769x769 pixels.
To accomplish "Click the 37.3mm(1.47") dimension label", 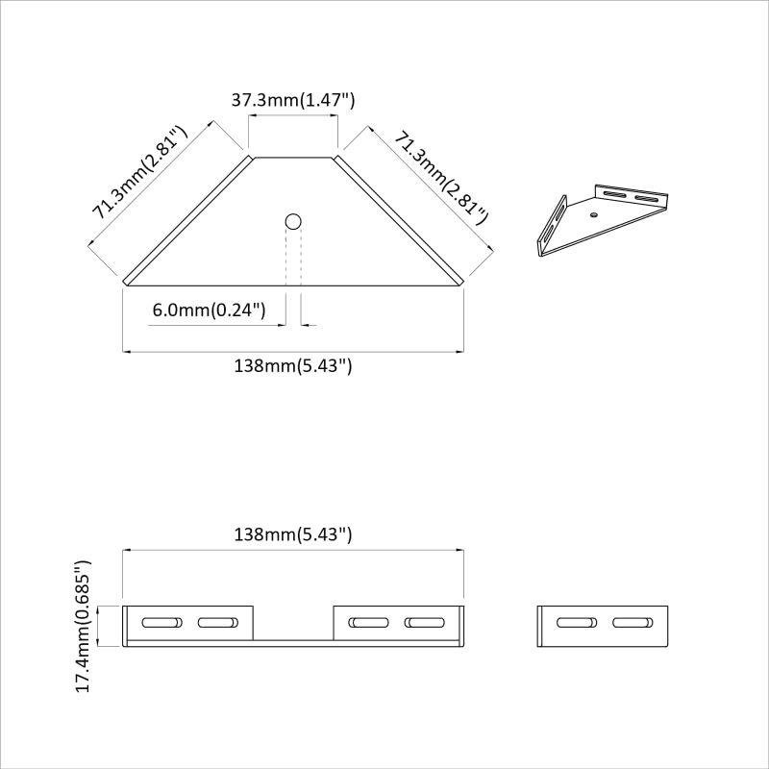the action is [293, 100].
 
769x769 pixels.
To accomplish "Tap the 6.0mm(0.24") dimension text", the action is [209, 310].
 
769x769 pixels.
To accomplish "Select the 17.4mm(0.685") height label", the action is [83, 627].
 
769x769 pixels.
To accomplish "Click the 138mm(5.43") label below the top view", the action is [293, 366].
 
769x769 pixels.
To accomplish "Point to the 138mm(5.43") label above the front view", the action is [293, 534].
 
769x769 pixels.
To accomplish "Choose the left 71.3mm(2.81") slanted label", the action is [140, 173].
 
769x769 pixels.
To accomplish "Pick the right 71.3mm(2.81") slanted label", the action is [441, 178].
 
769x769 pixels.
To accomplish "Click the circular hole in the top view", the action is [293, 222].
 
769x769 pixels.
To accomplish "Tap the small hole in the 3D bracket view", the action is [594, 214].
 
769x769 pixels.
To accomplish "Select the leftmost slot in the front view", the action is [161, 622].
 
